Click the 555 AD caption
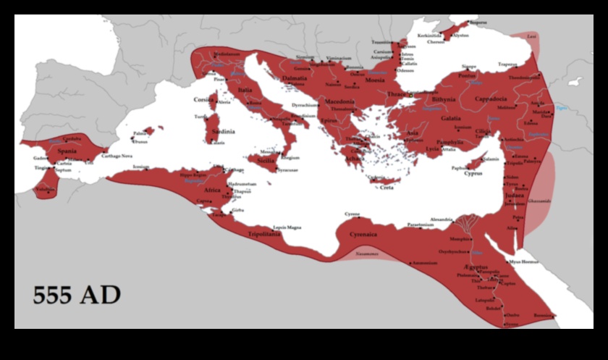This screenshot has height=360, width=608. [x=77, y=296]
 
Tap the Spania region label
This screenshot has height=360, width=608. [x=67, y=151]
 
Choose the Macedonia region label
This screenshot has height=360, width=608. [x=339, y=102]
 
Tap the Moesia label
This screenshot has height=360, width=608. [x=374, y=80]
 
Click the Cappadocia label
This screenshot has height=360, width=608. [x=493, y=99]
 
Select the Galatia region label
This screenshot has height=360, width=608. [x=451, y=117]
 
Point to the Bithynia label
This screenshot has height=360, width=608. [x=443, y=99]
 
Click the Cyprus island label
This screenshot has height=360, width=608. [x=473, y=174]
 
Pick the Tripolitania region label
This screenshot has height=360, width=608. [x=264, y=234]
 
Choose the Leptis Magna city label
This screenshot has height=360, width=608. [x=287, y=227]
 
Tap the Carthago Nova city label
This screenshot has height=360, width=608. [x=115, y=156]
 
